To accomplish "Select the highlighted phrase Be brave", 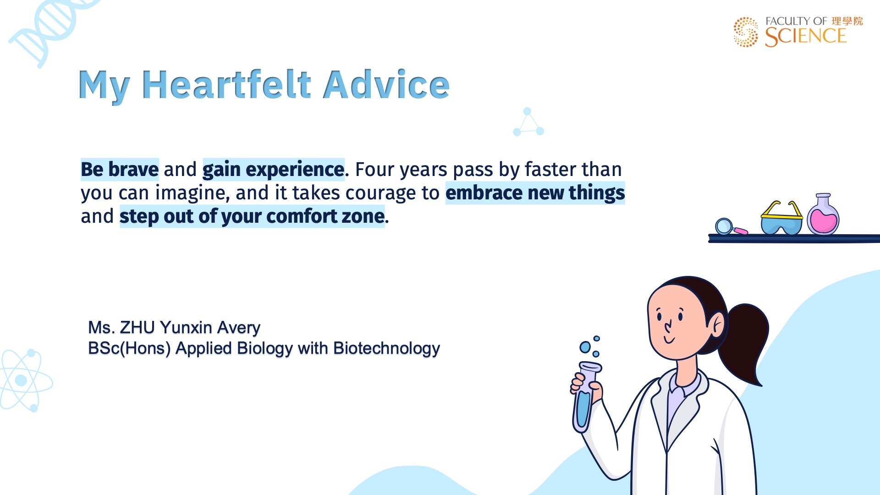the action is [120, 169].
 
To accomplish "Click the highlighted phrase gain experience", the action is [273, 170].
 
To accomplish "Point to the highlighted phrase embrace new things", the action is [535, 193].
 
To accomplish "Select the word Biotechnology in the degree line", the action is [386, 348].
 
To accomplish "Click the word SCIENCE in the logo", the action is [805, 37].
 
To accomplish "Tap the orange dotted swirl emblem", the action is [746, 32].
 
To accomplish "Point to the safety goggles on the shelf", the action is [781, 218].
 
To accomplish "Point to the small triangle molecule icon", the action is [528, 122].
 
